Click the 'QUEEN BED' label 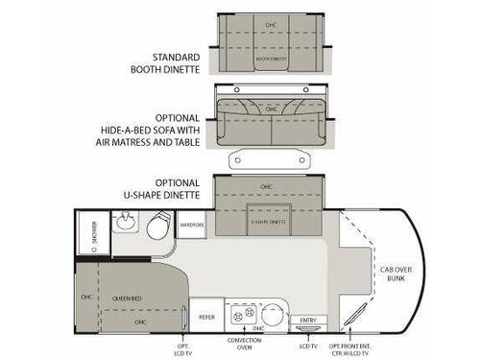pos(123,298)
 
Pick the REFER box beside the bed pos(206,313)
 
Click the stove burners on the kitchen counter pos(244,313)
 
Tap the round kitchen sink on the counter pos(273,312)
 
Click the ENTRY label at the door pos(307,320)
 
